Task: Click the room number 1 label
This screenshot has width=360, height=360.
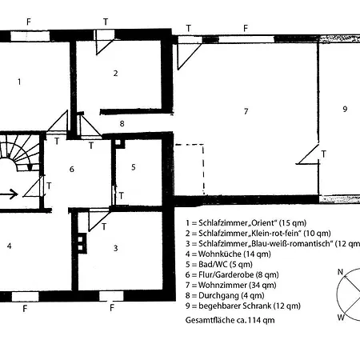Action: point(19,82)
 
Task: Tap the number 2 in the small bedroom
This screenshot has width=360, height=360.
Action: point(115,73)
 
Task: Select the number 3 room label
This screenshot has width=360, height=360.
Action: point(115,248)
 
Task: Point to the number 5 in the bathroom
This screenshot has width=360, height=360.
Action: point(134,167)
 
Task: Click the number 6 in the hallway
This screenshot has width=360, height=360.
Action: point(71,169)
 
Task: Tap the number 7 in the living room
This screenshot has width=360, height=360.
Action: point(246,111)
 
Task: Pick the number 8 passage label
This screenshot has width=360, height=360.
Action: point(122,123)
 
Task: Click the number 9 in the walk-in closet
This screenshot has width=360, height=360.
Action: point(345,109)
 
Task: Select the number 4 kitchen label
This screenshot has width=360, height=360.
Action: point(9,246)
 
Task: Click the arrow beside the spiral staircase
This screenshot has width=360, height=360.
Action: point(9,194)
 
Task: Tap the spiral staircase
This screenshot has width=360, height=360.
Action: point(19,153)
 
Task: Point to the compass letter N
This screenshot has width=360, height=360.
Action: point(340,272)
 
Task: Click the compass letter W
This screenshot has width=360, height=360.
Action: point(341,318)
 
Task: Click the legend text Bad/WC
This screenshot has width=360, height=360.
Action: point(213,264)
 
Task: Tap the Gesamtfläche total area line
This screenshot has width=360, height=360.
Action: point(230,320)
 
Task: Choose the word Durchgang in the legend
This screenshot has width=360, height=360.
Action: point(218,295)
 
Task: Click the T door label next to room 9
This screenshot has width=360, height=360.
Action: point(324,154)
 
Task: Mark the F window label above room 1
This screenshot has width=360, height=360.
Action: point(29,22)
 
